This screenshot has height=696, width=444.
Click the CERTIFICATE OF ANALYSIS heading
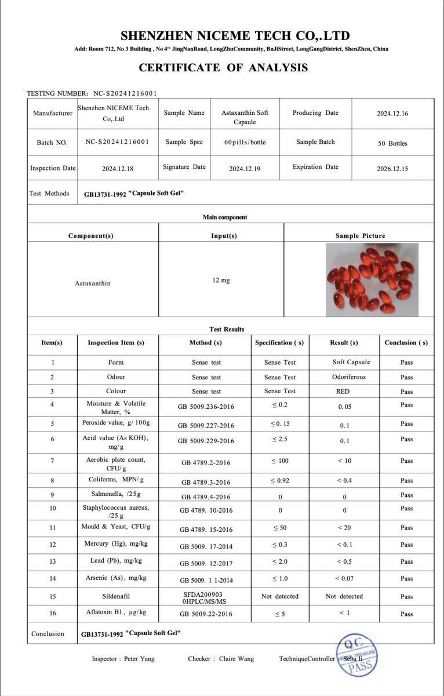point(223,68)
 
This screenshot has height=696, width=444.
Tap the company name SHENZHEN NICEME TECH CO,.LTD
point(235,35)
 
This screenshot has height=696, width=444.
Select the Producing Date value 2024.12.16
point(392,114)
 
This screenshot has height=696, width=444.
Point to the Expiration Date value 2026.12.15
point(392,169)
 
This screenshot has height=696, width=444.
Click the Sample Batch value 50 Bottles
point(392,143)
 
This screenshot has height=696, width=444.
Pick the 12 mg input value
point(221,280)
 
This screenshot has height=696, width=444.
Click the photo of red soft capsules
point(372,280)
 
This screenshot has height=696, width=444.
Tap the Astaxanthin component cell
point(93,283)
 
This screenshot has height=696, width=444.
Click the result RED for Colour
point(343,391)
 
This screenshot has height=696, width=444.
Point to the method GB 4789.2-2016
point(206,463)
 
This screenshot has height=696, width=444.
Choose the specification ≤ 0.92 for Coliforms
point(280,481)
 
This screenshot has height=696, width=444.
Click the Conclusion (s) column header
point(406,343)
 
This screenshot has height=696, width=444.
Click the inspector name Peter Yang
point(139,659)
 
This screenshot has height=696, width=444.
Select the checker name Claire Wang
point(236,659)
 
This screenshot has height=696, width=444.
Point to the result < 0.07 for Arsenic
point(345,578)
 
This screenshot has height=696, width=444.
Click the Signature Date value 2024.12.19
point(245,169)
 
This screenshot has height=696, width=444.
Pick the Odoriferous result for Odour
point(349,377)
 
